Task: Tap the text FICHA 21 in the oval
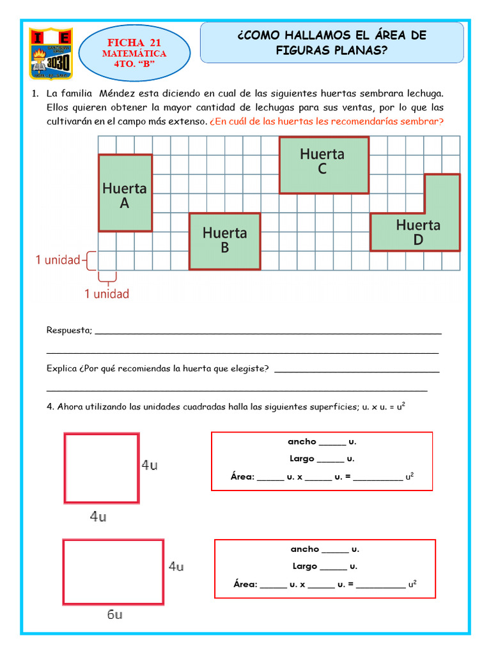click(134, 43)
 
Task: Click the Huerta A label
click(125, 195)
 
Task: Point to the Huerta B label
click(224, 240)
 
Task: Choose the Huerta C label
click(322, 161)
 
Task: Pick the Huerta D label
click(418, 232)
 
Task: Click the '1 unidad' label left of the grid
click(58, 260)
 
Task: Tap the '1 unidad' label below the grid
click(107, 294)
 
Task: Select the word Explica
click(62, 369)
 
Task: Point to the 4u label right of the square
click(150, 466)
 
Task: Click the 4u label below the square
click(98, 517)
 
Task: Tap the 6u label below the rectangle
click(114, 615)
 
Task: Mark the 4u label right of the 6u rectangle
click(176, 567)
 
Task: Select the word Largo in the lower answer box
click(305, 566)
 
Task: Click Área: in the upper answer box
click(242, 476)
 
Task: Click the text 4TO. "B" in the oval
click(134, 65)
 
